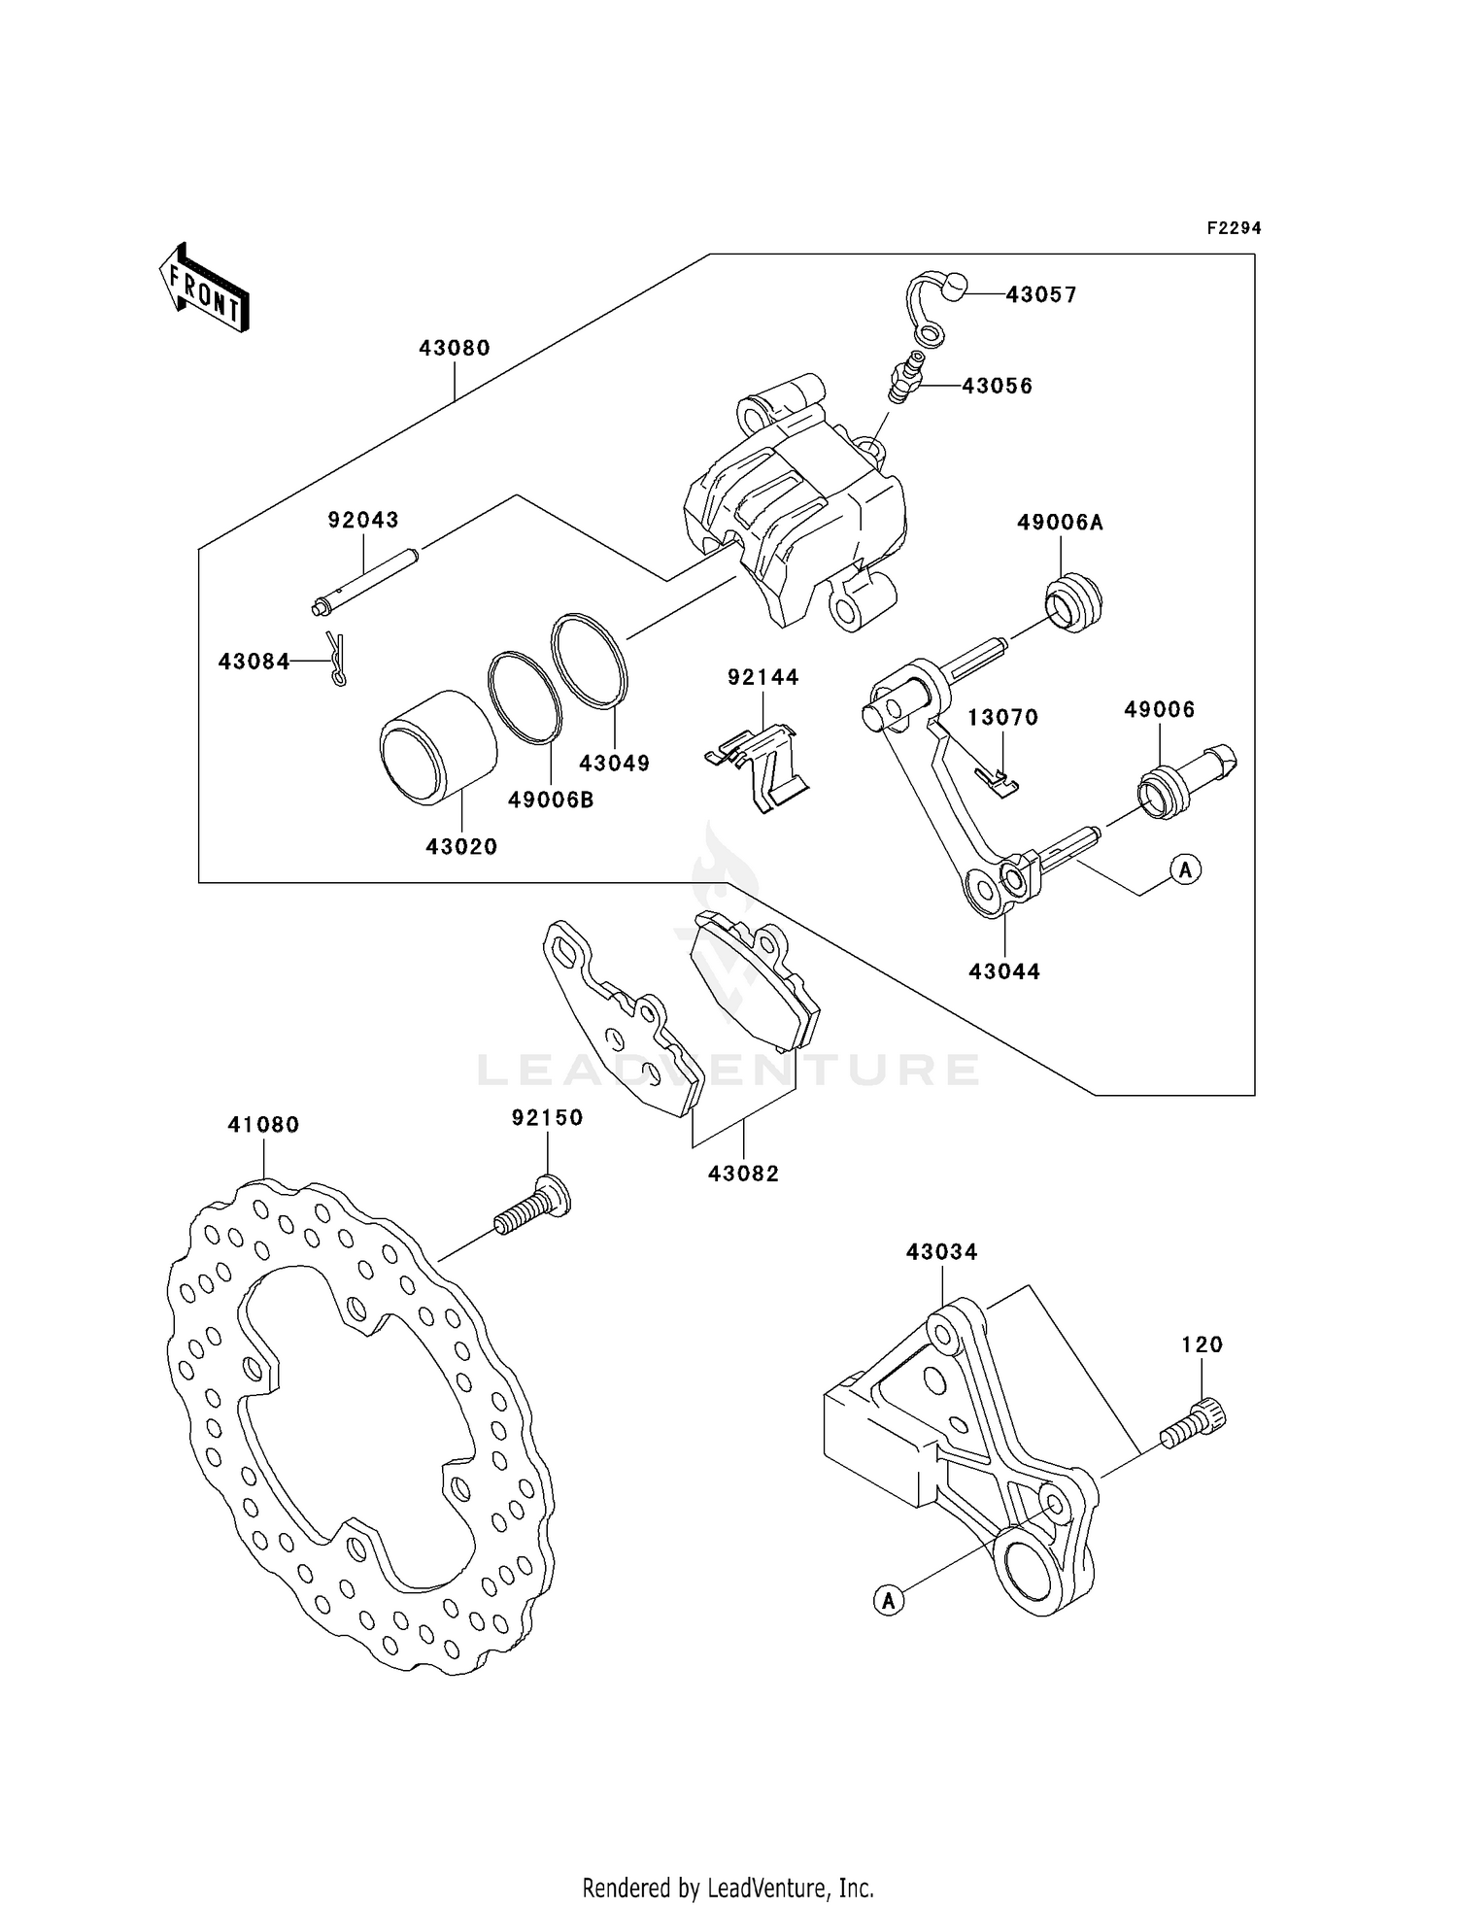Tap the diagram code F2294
(x=1233, y=228)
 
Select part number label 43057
(x=1041, y=294)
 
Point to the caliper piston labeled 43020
(x=438, y=747)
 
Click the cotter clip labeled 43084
(x=336, y=660)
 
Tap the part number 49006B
(x=551, y=800)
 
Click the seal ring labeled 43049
(x=590, y=658)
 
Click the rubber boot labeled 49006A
(x=1073, y=604)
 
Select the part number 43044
(x=1004, y=971)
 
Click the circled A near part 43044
(x=1184, y=868)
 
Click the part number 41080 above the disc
(x=263, y=1125)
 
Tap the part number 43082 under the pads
(x=743, y=1174)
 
